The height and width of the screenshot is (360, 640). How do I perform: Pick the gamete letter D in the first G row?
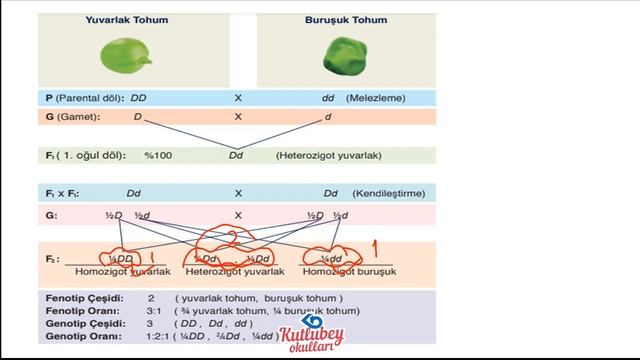pos(138,117)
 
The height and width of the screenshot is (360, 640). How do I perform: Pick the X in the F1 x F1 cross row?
pos(238,193)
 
